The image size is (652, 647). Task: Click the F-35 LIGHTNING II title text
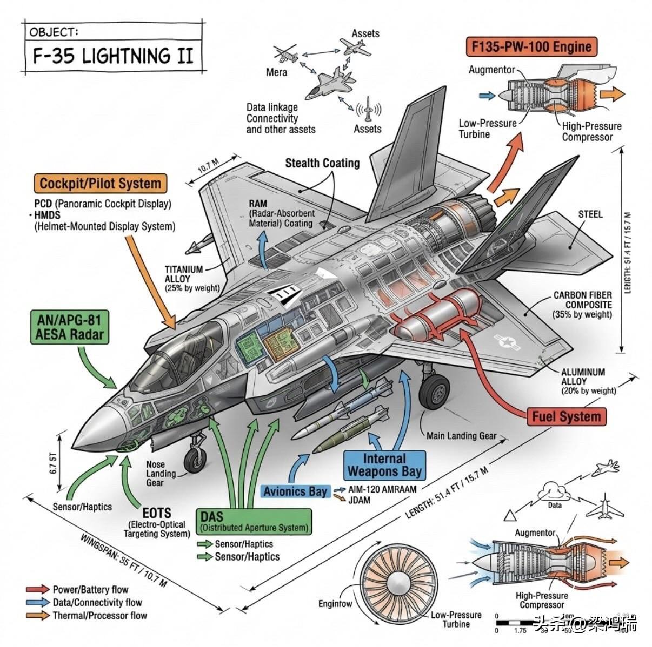[112, 56]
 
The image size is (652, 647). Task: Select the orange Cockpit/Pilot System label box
[100, 184]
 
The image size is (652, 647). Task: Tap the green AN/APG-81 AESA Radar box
[69, 327]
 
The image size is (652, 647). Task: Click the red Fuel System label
[566, 416]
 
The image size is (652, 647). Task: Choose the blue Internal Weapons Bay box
[384, 465]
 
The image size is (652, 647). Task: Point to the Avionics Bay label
[295, 491]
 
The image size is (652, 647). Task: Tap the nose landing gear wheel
[195, 460]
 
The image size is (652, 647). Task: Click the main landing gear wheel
[435, 392]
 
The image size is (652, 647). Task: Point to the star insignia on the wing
[507, 341]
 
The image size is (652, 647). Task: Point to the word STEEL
[590, 214]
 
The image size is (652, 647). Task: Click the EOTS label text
[156, 513]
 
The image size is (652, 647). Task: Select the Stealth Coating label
[322, 163]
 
